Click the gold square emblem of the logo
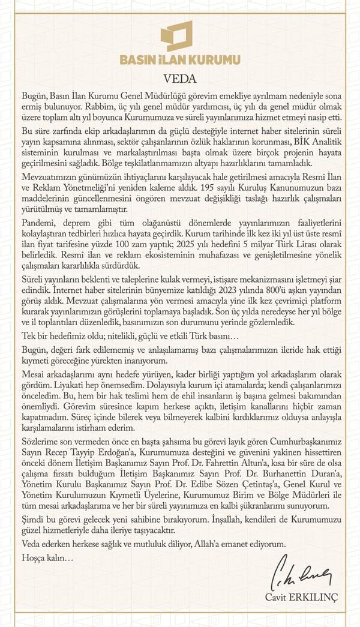click(x=177, y=36)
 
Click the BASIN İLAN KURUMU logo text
click(x=180, y=60)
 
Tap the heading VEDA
click(x=180, y=77)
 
